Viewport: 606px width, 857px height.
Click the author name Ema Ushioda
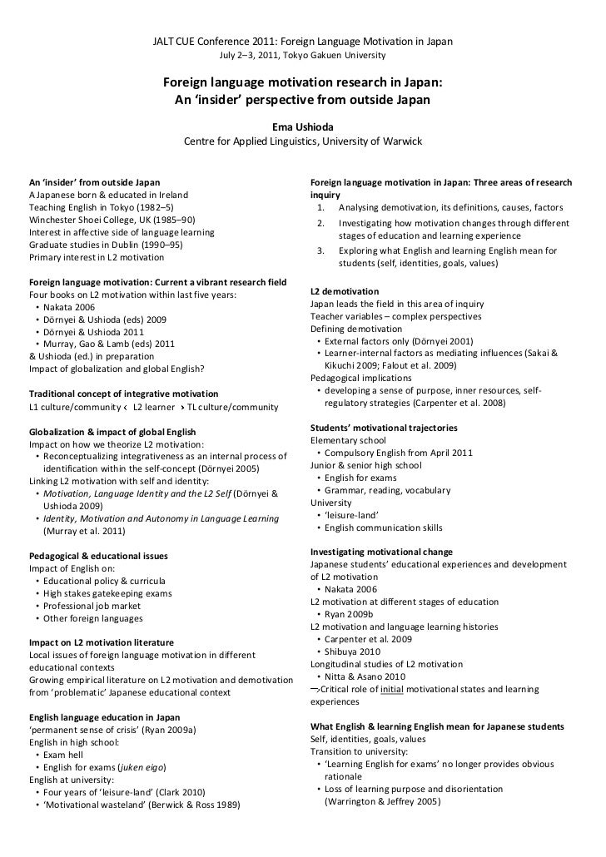coord(303,127)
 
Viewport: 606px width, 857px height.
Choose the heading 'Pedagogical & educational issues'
coord(98,556)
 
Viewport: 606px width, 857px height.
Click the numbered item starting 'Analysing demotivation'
coord(450,207)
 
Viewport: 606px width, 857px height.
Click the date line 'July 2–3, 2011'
coord(250,56)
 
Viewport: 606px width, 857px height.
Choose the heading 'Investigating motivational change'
coord(381,552)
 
